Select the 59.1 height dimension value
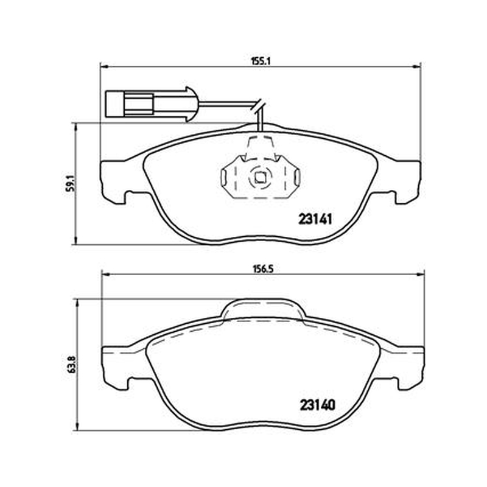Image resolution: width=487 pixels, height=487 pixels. point(71,183)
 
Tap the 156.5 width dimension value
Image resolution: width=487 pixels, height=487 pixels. point(262,269)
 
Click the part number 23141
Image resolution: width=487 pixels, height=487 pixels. point(315,220)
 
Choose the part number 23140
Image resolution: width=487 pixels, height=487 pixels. point(318,405)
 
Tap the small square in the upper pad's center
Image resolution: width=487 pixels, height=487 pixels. point(260,178)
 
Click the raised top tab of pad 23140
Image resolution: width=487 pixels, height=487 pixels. point(263,309)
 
